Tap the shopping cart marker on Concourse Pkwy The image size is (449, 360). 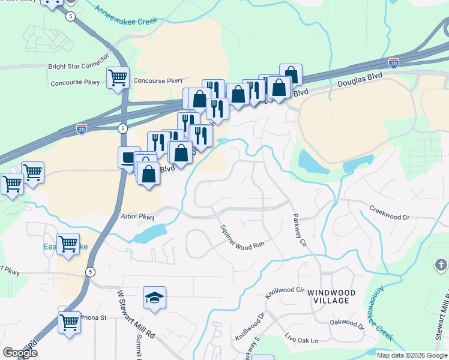[x=118, y=77]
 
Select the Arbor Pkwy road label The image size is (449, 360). [x=137, y=217]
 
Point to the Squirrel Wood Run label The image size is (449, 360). [x=242, y=237]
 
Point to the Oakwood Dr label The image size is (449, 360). [x=347, y=325]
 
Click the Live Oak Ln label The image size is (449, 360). [x=301, y=340]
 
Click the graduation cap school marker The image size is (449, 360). [x=154, y=297]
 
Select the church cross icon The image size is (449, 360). [x=440, y=265]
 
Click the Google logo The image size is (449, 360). [x=20, y=353]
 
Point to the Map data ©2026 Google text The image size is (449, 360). [x=411, y=355]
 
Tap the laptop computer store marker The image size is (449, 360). [x=129, y=158]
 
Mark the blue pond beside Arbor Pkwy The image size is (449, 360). [x=150, y=233]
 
